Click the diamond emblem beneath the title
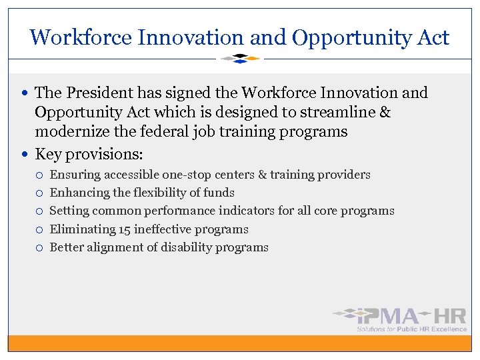pos(240,59)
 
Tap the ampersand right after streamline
pos(385,112)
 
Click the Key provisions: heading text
pos(89,154)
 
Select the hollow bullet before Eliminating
pos(40,229)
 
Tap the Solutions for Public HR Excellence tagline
pos(411,329)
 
